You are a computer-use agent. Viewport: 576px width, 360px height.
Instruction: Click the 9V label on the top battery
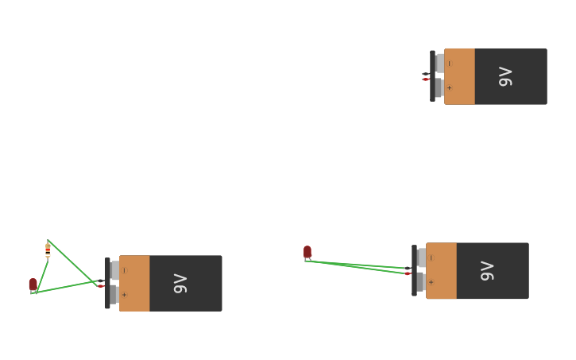tap(505, 76)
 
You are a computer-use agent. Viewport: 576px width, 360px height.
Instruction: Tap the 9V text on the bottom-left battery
tap(180, 283)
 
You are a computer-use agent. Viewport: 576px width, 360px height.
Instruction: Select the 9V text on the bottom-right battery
tap(487, 270)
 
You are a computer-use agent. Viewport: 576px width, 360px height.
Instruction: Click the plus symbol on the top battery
tap(449, 88)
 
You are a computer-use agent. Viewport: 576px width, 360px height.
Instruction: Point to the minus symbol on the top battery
tap(449, 64)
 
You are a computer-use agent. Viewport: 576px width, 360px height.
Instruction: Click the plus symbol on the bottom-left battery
tap(123, 295)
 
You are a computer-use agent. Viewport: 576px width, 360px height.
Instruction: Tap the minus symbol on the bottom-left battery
tap(124, 270)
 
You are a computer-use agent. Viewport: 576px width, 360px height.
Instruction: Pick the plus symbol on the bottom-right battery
tap(431, 282)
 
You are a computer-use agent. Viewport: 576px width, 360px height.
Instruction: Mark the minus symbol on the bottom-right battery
tap(431, 257)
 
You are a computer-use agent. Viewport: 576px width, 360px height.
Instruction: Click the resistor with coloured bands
tap(48, 250)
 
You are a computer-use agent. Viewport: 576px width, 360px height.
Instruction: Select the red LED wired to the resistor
tap(33, 284)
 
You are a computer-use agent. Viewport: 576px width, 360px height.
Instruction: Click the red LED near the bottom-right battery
tap(307, 252)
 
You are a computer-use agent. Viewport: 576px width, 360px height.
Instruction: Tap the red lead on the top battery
tap(426, 79)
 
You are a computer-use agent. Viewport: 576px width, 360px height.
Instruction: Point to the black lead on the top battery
tap(425, 74)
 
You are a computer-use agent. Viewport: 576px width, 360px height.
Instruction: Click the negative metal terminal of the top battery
tap(439, 63)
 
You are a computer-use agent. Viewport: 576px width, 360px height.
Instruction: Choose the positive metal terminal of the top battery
tap(439, 87)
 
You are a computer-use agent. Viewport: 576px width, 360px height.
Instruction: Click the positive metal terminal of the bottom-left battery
tap(114, 295)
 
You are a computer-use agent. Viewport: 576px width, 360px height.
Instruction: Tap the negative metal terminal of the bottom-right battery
tap(421, 257)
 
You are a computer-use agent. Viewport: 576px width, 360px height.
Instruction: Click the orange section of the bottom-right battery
tap(442, 270)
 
